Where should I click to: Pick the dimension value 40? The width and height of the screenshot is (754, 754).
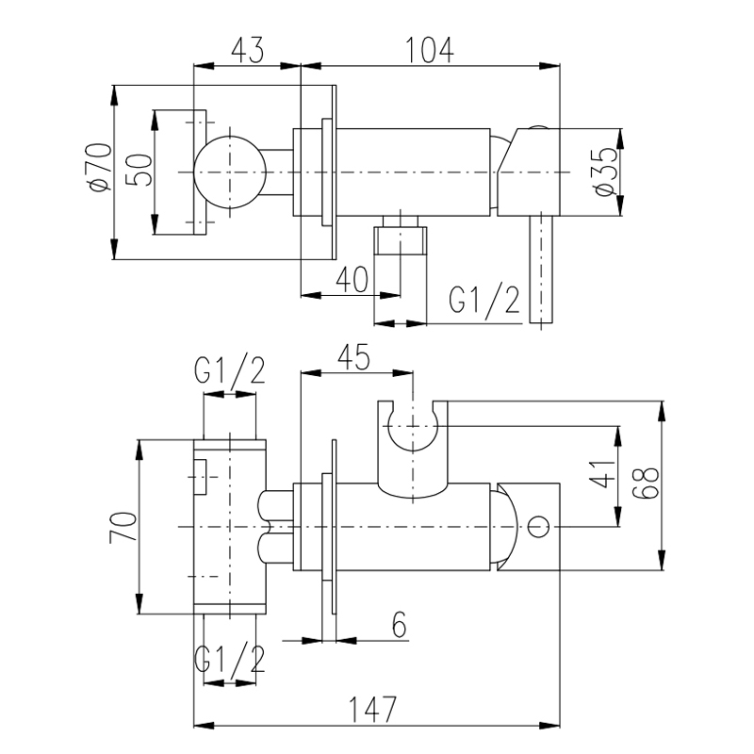tap(351, 278)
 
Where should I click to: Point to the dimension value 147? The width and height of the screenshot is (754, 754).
tap(375, 705)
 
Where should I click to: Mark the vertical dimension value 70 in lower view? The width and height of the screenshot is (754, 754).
tap(123, 526)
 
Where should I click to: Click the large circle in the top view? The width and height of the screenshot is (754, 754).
tap(229, 172)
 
